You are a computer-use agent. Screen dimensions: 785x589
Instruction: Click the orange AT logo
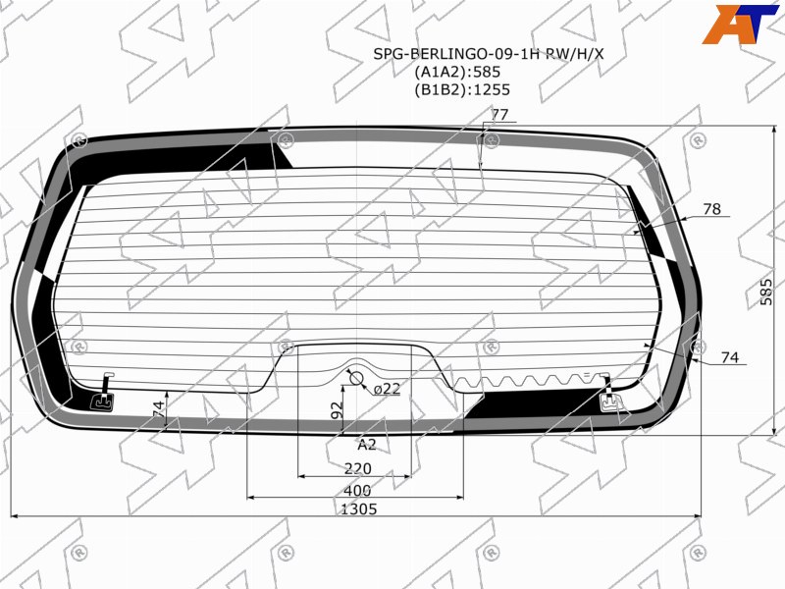[740, 24]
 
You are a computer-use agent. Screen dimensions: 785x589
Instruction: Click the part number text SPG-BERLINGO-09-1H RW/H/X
[488, 54]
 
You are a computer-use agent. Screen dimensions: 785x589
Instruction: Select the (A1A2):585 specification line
[457, 72]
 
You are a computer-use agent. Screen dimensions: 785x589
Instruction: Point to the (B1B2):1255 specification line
[461, 90]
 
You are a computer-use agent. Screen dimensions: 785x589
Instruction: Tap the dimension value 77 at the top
[499, 115]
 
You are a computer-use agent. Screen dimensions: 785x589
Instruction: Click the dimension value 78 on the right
[712, 209]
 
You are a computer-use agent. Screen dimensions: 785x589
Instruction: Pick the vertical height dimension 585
[766, 292]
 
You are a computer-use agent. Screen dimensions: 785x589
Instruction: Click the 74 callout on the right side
[730, 357]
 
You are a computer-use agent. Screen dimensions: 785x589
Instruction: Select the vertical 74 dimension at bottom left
[158, 408]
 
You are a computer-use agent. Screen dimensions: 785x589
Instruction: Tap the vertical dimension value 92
[338, 409]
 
